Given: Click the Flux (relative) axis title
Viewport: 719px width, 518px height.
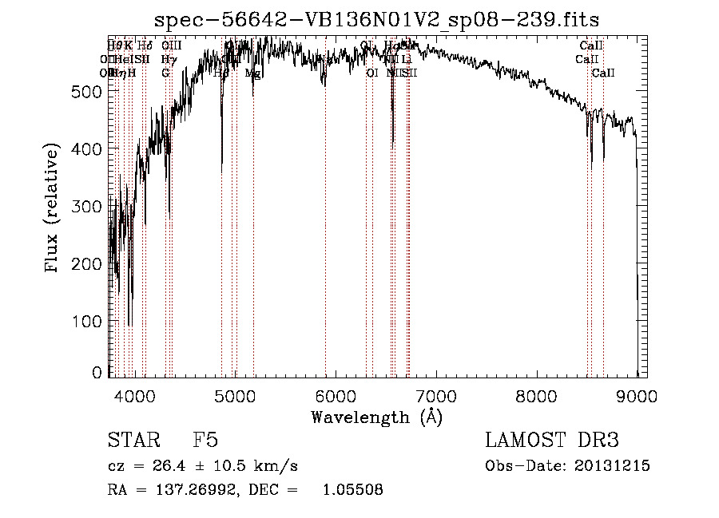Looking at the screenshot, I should tap(54, 209).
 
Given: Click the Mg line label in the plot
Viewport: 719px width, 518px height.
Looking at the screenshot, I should tap(252, 73).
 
